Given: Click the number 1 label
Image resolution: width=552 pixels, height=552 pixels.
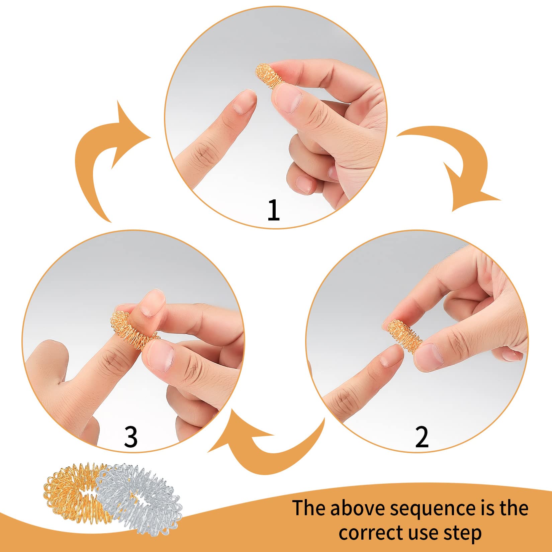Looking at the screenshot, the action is (274, 210).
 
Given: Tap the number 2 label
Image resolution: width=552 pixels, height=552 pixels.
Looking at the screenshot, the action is (422, 437).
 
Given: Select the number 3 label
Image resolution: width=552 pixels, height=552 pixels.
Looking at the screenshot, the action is (130, 437).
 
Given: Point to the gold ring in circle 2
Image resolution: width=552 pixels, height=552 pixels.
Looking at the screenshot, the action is (403, 336).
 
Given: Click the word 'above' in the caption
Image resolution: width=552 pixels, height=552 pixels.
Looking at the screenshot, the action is (357, 508).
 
